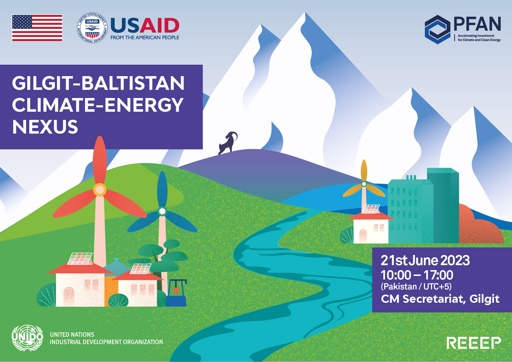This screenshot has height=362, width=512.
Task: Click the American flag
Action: (37, 28)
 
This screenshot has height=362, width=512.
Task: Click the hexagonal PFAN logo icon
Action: (437, 29)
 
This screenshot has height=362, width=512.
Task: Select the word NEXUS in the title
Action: (45, 127)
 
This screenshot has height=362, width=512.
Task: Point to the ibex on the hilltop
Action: (228, 143)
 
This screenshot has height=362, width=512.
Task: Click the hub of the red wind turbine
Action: (100, 190)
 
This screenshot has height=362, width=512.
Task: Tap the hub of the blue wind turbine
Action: (162, 211)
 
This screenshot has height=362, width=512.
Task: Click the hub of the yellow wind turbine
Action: (364, 184)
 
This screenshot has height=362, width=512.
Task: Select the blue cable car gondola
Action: (176, 293)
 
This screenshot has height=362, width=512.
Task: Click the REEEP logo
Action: (473, 343)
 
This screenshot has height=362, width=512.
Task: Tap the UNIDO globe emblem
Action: (27, 338)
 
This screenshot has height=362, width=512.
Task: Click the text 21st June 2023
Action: (425, 260)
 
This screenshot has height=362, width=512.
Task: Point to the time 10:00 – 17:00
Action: (417, 275)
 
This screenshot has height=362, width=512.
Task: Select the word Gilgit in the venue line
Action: (484, 299)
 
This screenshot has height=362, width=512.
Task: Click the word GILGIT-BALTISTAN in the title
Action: (98, 83)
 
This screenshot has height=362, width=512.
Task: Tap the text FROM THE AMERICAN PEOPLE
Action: (145, 37)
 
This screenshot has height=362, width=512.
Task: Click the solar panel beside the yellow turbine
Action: (371, 209)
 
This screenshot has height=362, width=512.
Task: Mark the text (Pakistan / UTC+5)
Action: (416, 286)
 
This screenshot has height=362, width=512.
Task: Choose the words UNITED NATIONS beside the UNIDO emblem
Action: (72, 335)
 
